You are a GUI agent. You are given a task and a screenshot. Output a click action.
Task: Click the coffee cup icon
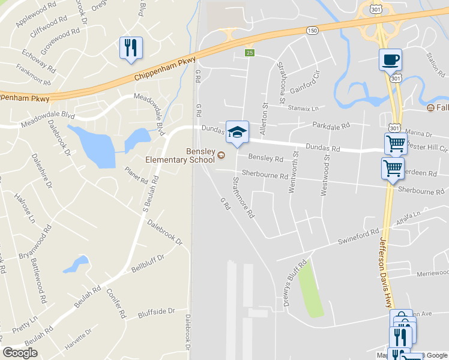[390, 60]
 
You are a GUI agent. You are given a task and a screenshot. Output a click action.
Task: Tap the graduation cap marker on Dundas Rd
[237, 133]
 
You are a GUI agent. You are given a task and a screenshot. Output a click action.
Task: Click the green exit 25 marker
[249, 53]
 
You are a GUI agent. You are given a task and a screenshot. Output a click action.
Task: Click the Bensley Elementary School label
[179, 155]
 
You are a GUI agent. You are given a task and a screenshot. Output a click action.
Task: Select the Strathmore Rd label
[243, 197]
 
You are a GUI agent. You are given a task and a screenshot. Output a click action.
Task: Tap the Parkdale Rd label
[331, 126]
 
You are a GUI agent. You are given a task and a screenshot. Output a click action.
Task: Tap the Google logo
[20, 353]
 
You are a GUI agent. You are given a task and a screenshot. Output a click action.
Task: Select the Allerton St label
[265, 113]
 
